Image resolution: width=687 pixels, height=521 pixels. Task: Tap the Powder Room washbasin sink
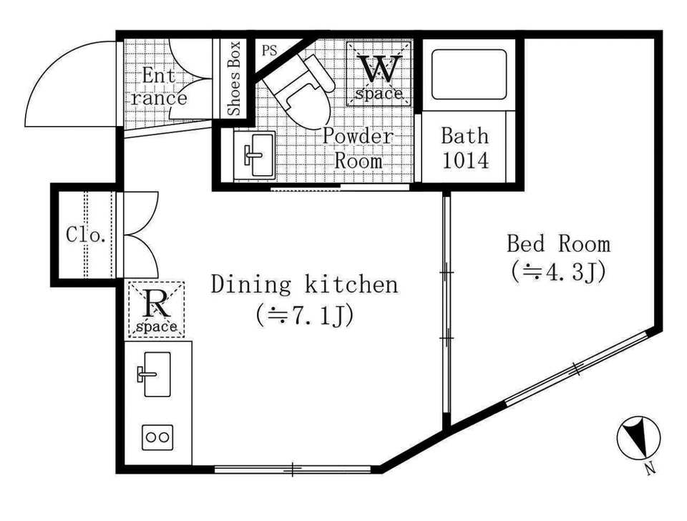tap(254, 155)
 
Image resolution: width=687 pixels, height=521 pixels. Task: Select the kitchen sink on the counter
tap(156, 374)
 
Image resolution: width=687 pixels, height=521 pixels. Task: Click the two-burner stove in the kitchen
tap(157, 437)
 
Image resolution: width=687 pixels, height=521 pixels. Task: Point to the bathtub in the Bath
tap(469, 74)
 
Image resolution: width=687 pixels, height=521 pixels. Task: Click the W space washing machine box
tap(379, 74)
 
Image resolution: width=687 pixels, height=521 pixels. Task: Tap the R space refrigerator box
tap(157, 309)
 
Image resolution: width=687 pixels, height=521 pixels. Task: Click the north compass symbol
tap(638, 439)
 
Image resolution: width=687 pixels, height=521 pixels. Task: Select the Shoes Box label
tap(235, 78)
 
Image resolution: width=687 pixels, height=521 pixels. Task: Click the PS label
tap(270, 51)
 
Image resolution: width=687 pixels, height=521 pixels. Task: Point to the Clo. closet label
tap(86, 235)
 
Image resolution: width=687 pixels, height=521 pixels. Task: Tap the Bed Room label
tap(559, 243)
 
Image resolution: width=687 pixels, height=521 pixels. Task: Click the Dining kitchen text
tap(305, 284)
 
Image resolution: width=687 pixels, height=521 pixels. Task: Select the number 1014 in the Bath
tap(465, 160)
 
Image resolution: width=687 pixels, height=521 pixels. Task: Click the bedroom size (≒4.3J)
tap(558, 272)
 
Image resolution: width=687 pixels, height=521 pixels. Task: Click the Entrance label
tap(159, 87)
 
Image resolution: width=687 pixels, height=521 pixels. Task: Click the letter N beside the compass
tap(651, 469)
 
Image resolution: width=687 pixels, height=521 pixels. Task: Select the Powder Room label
tap(358, 149)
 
